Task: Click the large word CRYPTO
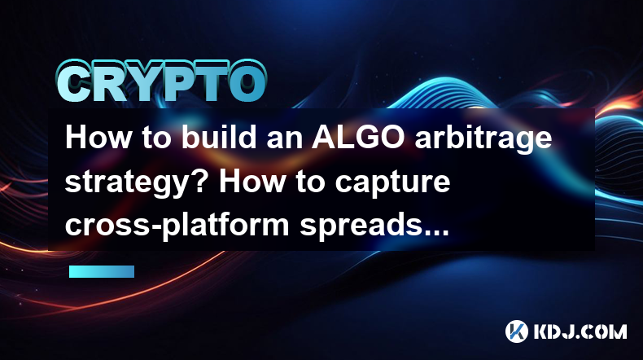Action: (162, 81)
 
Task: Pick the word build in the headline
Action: (220, 138)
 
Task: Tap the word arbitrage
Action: (483, 139)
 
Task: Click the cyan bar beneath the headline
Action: (102, 271)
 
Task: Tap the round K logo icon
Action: (517, 331)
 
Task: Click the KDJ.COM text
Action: (580, 331)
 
